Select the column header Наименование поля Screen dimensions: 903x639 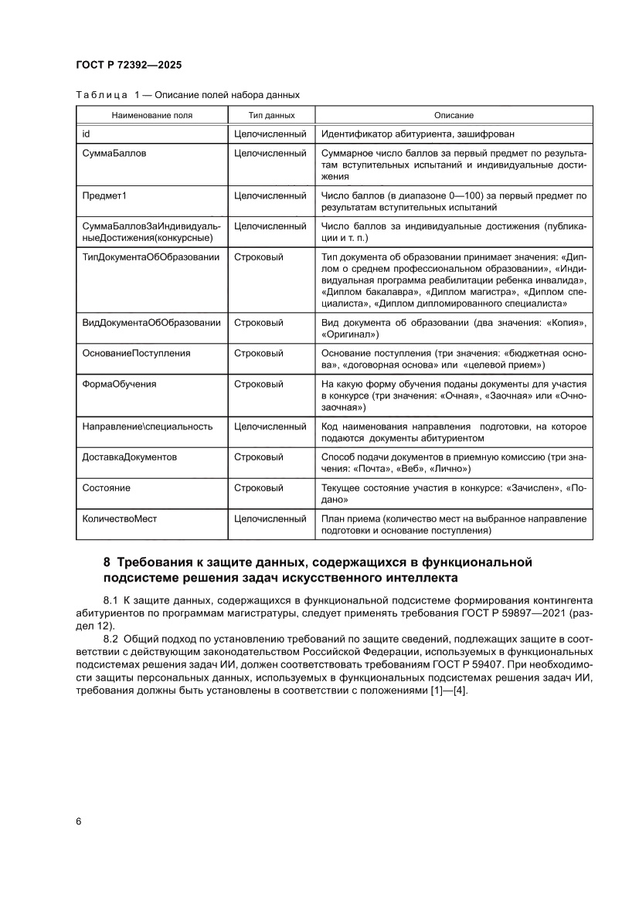pos(151,115)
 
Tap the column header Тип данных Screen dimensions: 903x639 pos(270,115)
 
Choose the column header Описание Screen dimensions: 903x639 pos(454,115)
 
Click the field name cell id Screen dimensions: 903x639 pos(86,134)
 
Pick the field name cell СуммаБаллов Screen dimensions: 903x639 pos(114,154)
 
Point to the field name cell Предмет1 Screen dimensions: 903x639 pos(104,195)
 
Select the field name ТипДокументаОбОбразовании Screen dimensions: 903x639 pos(151,256)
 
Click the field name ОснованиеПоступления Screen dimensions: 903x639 pos(137,353)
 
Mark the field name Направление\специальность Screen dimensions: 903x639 pos(147,426)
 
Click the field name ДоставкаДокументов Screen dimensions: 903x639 pos(129,457)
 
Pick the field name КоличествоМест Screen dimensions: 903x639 pos(119,519)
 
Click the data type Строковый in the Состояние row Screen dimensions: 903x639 pos(258,488)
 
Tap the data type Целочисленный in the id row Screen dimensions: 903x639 pos(270,134)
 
